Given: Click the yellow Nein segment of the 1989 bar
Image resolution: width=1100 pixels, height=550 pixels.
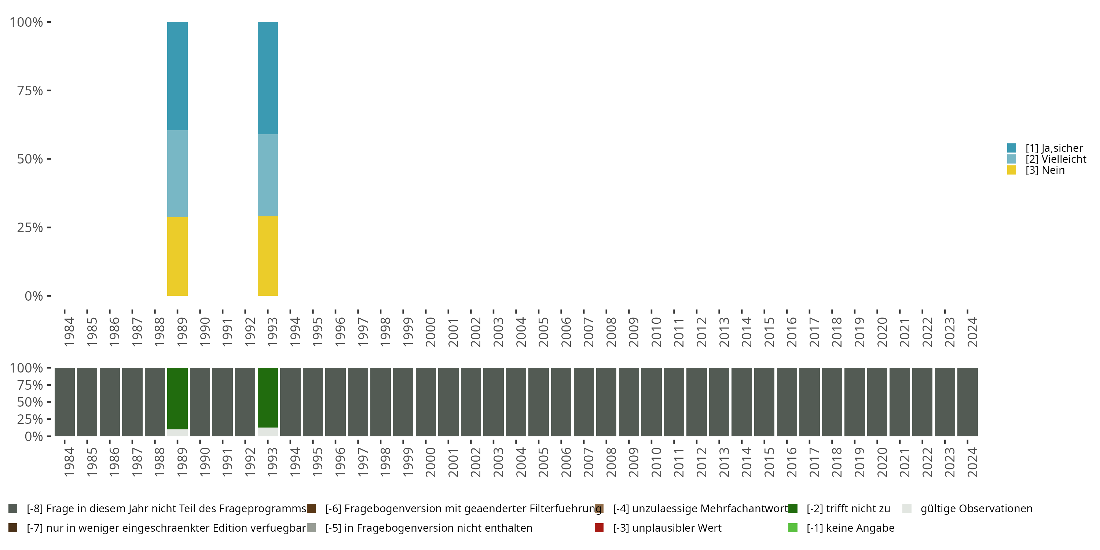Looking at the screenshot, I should [177, 256].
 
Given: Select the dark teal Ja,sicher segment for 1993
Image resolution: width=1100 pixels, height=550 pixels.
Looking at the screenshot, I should [268, 78].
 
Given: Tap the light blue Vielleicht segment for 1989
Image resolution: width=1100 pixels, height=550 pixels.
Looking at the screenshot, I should [177, 173].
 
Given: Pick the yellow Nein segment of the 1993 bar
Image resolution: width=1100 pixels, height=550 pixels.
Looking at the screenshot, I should [268, 256].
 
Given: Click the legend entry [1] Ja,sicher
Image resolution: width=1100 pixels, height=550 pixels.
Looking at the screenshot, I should [1054, 148].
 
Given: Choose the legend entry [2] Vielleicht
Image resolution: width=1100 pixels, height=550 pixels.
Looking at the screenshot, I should [1056, 159].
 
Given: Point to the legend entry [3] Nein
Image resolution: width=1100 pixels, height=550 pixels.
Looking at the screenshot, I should [1045, 170].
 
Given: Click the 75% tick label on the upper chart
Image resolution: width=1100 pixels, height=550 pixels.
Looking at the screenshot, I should [30, 91].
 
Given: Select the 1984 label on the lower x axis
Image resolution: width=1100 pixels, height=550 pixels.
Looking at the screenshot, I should [69, 462].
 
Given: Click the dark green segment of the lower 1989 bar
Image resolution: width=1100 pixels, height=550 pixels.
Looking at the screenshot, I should [177, 398].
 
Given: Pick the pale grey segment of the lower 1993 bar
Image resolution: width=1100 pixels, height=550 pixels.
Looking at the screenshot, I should [268, 432].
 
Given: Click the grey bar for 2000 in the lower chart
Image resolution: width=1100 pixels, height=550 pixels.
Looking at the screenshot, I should [426, 402].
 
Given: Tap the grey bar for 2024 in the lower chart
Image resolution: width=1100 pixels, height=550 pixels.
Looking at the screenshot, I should [968, 402].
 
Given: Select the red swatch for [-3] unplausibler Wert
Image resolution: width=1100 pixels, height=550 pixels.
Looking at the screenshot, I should [599, 528].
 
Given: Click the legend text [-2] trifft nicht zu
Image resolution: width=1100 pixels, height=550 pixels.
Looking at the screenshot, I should [848, 509].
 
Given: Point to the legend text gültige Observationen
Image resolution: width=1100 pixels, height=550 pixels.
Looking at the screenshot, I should [976, 509].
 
